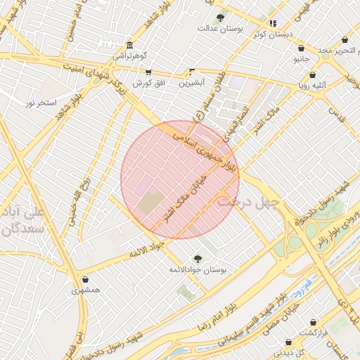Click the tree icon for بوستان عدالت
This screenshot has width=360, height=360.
point(220,18)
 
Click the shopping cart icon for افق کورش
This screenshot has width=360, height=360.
point(148,72)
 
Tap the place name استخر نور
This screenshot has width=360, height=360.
point(41,103)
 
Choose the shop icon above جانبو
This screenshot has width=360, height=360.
point(302,49)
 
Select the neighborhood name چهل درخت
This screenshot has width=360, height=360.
point(248,201)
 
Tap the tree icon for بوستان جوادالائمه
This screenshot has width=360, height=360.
point(197,258)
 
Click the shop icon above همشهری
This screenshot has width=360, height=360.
point(85,279)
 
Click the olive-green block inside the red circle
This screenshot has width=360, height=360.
point(149,205)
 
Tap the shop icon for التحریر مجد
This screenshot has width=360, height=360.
point(345,40)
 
